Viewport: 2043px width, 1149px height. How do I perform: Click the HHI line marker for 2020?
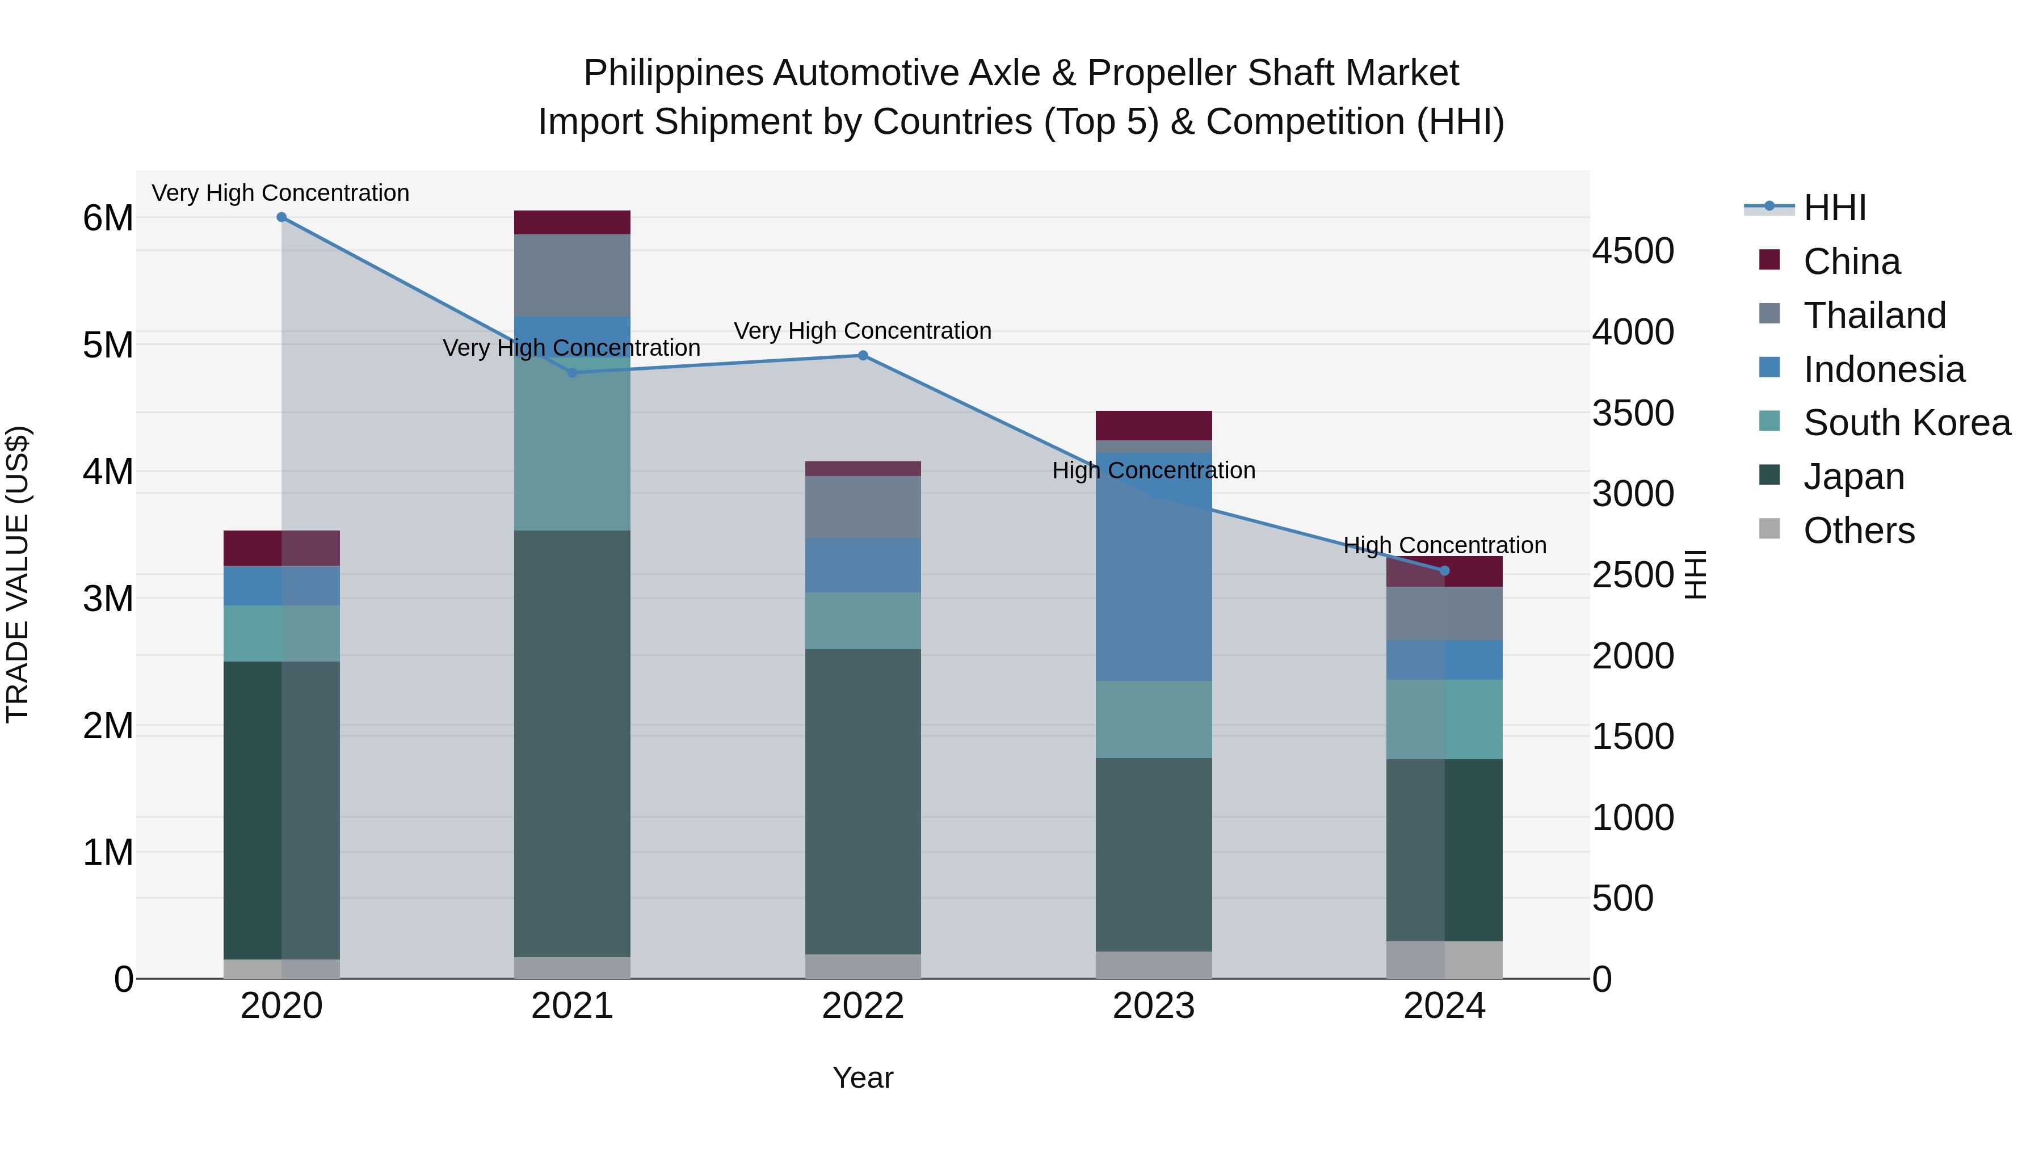281,217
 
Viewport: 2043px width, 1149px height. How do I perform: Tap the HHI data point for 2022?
863,355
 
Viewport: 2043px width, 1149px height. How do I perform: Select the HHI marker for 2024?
1444,571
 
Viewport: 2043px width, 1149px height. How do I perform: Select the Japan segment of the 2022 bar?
863,801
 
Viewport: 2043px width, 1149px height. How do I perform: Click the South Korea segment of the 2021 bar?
572,444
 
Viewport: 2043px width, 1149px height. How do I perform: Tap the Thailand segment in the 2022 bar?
863,507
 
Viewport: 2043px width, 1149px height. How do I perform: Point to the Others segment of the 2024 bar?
1444,959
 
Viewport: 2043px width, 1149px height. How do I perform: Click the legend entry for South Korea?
1907,423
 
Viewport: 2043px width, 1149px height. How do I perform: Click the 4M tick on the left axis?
108,472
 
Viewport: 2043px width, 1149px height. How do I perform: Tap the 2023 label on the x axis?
1154,1006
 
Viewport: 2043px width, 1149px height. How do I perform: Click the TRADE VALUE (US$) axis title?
18,574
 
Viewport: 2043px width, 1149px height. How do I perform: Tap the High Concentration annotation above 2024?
1444,545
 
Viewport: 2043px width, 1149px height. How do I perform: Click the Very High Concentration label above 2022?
863,331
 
